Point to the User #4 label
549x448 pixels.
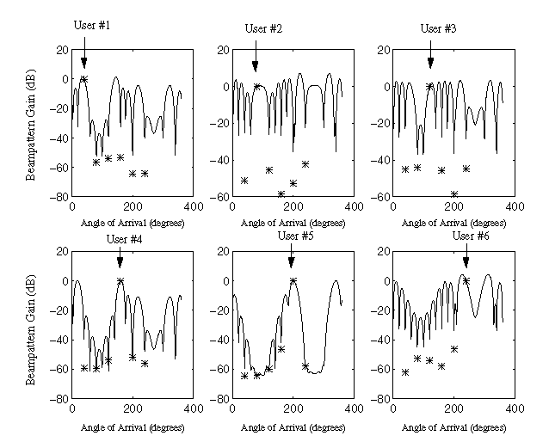(123, 238)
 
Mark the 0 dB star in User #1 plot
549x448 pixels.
(84, 79)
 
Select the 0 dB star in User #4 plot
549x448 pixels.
(120, 281)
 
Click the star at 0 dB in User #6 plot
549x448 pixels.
(466, 280)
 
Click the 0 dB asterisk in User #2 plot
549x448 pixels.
(256, 86)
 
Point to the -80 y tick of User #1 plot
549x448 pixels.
(59, 197)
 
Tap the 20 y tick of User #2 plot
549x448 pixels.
(223, 50)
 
